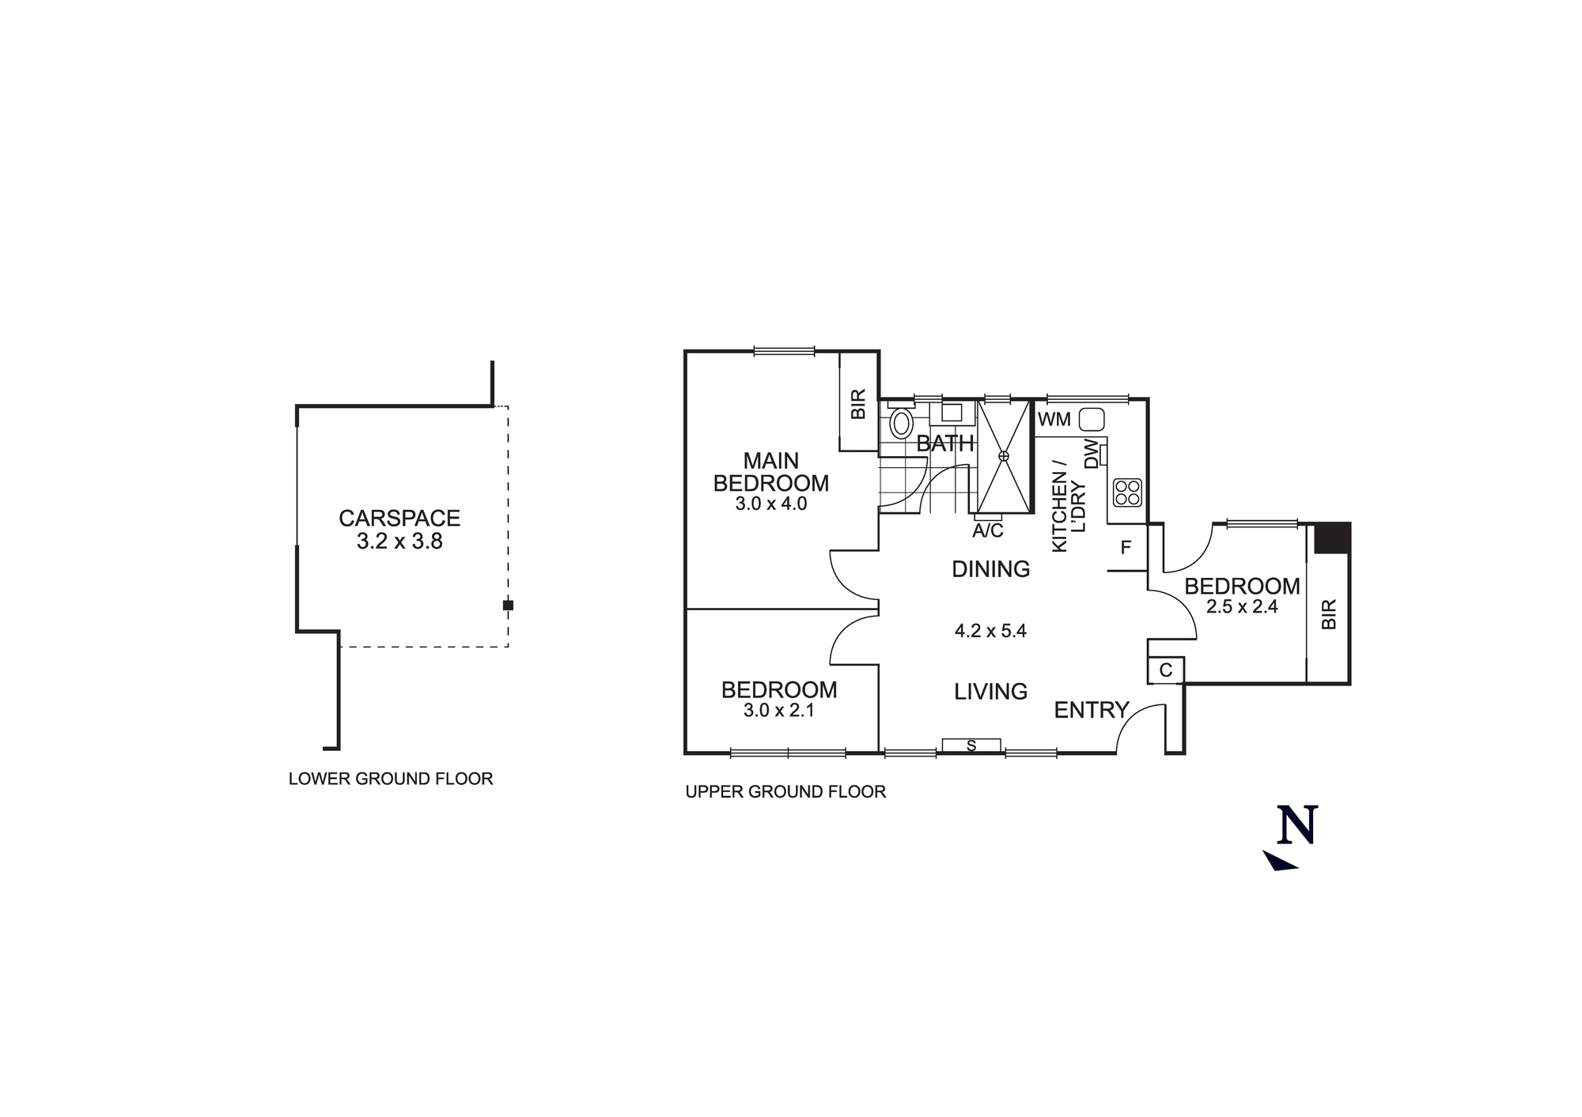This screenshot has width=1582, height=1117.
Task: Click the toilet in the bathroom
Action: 902,423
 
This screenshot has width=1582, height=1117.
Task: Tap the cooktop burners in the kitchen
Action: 1126,492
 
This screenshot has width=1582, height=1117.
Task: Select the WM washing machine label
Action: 1054,420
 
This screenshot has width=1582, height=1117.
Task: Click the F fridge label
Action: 1126,548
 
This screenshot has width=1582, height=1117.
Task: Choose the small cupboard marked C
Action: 1166,670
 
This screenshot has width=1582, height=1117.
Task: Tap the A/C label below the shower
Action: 988,531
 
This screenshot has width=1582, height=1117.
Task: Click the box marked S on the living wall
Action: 971,745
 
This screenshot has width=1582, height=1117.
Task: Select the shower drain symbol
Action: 1004,456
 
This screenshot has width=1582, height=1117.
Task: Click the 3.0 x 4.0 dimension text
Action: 771,504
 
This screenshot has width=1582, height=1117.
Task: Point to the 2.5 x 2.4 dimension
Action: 1242,607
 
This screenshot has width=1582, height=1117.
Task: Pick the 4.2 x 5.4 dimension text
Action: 990,631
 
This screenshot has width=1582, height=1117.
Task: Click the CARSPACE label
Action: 399,519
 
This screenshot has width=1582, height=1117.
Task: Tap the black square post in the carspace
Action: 508,606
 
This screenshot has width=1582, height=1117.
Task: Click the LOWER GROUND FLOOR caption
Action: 391,779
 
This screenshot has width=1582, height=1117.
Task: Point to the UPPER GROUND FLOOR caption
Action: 785,791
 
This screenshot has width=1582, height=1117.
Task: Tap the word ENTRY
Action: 1092,710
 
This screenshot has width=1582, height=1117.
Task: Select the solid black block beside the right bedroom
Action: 1332,538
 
